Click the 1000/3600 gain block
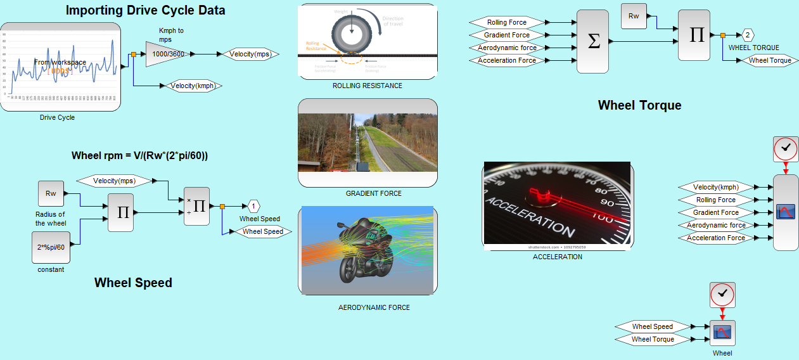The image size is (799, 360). [167, 55]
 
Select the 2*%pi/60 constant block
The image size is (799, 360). [51, 247]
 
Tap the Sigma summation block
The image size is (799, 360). [593, 41]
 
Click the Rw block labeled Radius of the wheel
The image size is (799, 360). [51, 193]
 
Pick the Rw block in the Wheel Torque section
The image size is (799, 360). [634, 16]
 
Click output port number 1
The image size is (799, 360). [253, 206]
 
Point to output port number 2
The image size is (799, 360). [748, 35]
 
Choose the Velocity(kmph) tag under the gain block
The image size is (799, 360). [196, 86]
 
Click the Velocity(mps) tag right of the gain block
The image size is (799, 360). [250, 54]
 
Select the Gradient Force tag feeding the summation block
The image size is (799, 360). [507, 35]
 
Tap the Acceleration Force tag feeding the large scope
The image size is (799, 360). [716, 238]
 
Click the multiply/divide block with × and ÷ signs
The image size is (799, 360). [196, 206]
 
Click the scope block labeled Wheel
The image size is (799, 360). [722, 333]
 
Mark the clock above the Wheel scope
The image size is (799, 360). [722, 295]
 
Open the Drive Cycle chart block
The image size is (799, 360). [60, 67]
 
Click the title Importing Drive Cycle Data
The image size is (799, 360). [145, 10]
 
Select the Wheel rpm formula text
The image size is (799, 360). [140, 155]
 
